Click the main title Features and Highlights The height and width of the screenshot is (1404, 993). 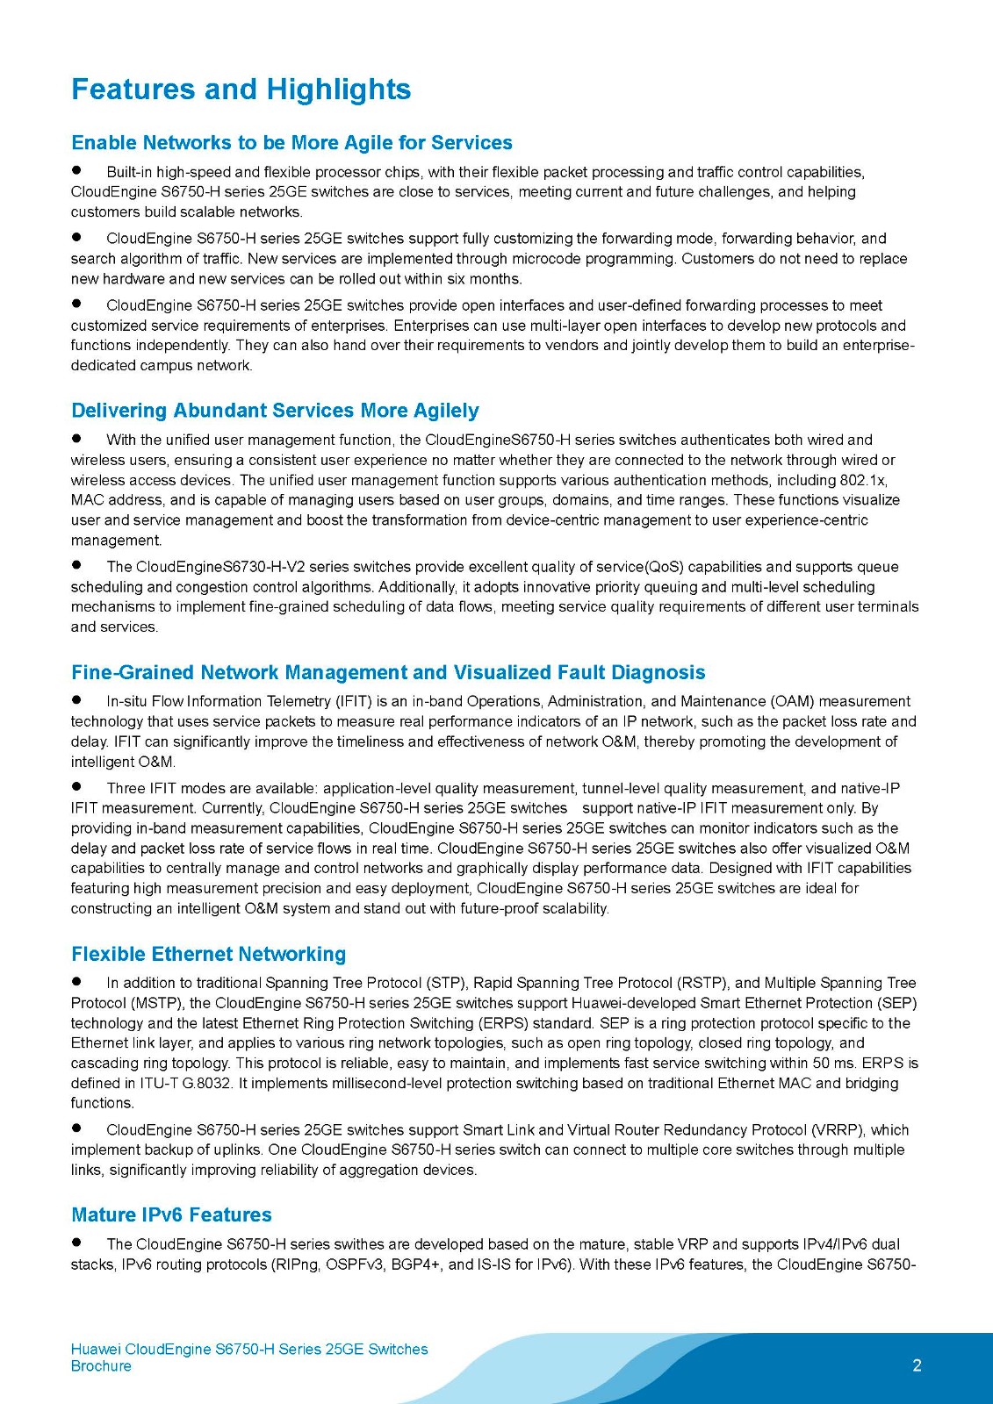coord(241,90)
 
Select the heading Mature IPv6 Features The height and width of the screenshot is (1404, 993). coord(171,1214)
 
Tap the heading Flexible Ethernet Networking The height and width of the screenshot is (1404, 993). coord(208,954)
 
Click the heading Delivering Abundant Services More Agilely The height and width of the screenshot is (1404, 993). coord(275,411)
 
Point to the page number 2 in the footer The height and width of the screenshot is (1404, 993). coord(917,1365)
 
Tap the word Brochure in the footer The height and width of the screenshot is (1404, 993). coord(101,1366)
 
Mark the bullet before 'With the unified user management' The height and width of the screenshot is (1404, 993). coord(76,438)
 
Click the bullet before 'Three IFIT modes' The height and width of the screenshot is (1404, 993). coord(76,786)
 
